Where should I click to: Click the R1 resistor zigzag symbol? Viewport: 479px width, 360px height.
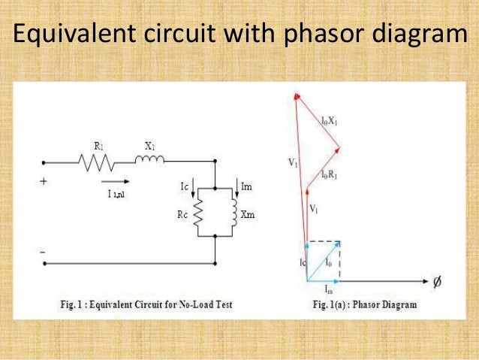95,161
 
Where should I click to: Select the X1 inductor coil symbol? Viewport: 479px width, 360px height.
149,159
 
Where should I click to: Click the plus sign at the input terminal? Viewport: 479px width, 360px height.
44,181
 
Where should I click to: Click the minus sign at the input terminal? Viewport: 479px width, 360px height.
43,250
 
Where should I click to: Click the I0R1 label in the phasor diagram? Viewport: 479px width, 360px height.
332,175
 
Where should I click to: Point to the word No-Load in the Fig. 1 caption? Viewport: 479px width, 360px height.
190,305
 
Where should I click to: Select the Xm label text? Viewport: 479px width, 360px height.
249,215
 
